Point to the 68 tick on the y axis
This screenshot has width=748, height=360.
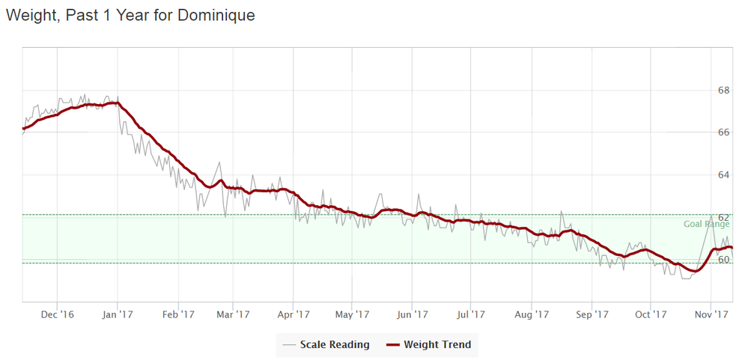724,91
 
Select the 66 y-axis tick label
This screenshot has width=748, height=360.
724,132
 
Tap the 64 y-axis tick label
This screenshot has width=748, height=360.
724,175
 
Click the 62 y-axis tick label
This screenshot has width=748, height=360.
724,217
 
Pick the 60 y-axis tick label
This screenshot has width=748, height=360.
724,260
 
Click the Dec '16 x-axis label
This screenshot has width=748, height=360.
58,315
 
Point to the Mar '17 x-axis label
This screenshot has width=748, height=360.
233,315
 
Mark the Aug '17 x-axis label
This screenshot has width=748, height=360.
531,315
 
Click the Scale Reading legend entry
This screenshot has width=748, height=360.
335,345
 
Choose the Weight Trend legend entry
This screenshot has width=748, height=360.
437,345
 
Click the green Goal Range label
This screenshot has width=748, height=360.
706,224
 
